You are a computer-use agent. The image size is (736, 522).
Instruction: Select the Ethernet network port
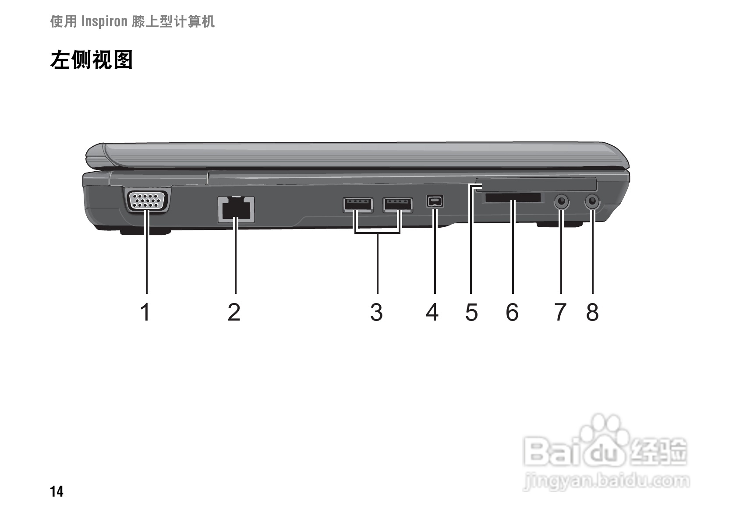[236, 209]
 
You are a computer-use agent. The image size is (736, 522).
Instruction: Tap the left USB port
[358, 205]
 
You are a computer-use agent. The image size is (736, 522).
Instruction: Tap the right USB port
[398, 205]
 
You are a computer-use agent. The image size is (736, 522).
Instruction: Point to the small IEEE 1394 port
[435, 201]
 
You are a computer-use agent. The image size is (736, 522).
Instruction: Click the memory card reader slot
[513, 198]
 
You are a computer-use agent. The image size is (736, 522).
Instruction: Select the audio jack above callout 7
[561, 202]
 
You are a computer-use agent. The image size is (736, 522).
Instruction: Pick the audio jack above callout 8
[592, 202]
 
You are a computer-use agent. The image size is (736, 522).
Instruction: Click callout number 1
[145, 313]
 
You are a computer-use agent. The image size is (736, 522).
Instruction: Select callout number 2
[234, 313]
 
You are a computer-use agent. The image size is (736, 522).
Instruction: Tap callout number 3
[376, 313]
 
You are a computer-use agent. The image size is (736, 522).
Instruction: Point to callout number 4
[432, 313]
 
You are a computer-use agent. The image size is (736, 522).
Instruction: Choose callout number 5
[471, 313]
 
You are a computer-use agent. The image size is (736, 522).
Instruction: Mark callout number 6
[512, 313]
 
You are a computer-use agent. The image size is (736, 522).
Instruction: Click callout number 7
[560, 313]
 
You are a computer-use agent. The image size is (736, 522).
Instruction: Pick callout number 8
[592, 313]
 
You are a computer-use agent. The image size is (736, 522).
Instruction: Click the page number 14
[57, 492]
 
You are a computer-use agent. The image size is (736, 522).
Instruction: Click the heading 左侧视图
[92, 60]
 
